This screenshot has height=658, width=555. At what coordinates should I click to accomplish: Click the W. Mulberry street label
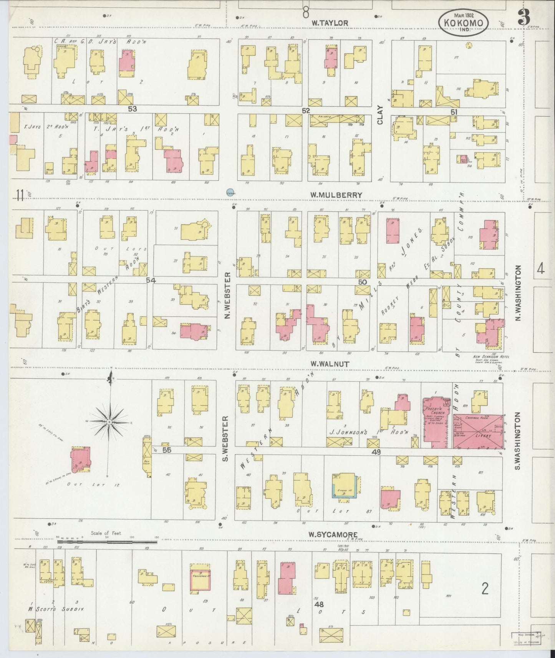336,195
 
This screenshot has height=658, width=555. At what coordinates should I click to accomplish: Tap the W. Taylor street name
330,23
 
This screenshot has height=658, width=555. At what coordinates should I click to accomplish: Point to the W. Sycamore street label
334,534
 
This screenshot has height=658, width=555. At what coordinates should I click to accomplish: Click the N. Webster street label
227,296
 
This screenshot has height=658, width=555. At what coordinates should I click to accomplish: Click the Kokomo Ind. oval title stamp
463,22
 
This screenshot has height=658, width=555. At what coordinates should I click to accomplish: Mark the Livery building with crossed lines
478,431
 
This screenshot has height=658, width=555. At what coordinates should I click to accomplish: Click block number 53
132,109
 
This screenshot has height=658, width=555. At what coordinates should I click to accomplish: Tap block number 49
376,452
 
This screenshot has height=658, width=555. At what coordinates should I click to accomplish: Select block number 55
166,450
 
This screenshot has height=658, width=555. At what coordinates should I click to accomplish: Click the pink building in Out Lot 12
80,458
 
